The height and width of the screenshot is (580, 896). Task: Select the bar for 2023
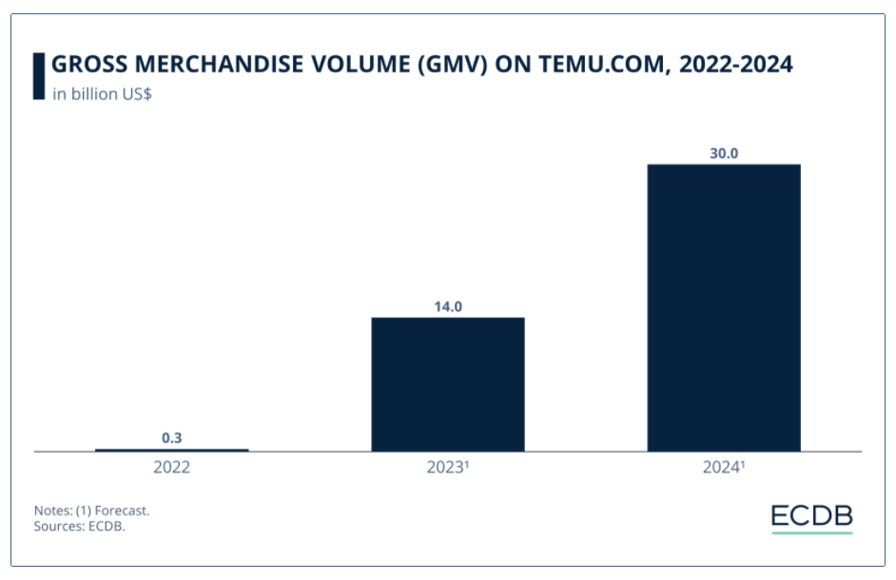click(447, 384)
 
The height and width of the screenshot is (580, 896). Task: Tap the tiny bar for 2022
click(172, 450)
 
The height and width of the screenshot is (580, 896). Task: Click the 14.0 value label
click(447, 305)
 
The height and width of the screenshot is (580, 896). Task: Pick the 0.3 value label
click(172, 437)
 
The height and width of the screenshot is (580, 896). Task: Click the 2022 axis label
click(172, 467)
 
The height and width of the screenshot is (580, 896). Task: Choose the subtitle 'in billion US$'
click(102, 93)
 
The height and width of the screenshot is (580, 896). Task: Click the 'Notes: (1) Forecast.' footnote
click(91, 511)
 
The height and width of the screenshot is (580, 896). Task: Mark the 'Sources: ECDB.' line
click(80, 527)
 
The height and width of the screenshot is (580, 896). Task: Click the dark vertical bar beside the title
click(38, 75)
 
